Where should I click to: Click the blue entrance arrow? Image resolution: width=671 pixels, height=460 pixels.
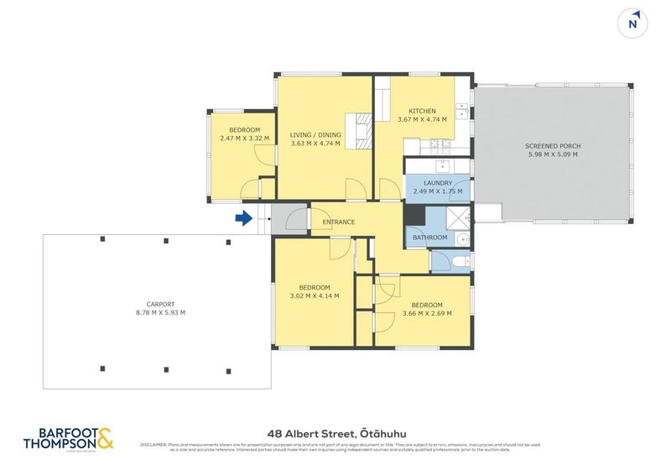(x=243, y=219)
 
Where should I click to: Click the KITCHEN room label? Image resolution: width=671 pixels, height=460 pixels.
(x=422, y=111)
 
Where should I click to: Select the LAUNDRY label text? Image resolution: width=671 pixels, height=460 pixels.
(x=438, y=183)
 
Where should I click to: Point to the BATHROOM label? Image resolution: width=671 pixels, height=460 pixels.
(x=430, y=238)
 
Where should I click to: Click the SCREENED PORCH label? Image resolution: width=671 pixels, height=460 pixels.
(x=554, y=146)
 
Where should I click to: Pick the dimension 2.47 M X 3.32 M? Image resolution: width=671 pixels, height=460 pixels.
(x=243, y=139)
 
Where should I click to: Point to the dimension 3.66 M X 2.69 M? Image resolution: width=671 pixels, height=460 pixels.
(x=427, y=313)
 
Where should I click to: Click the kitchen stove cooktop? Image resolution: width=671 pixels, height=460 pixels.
(x=438, y=145)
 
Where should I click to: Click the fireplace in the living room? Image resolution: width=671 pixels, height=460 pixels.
(x=363, y=130)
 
